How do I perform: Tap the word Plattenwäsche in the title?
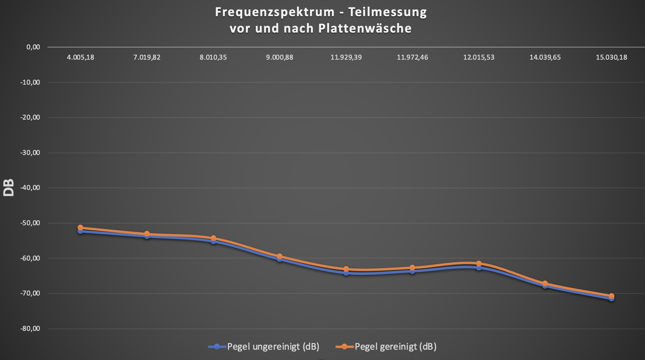coord(365,28)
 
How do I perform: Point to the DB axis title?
coord(9,188)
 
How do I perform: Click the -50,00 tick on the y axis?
coord(30,223)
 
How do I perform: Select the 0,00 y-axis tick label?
coord(33,47)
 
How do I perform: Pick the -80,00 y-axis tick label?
coord(30,328)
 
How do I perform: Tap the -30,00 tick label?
coord(30,153)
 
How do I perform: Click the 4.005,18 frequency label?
coord(81,57)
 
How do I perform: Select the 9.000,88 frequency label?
coord(279,57)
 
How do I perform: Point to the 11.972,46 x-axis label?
coord(413,57)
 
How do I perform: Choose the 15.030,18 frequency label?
coord(611,57)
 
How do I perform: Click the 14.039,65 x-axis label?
coord(545,57)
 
